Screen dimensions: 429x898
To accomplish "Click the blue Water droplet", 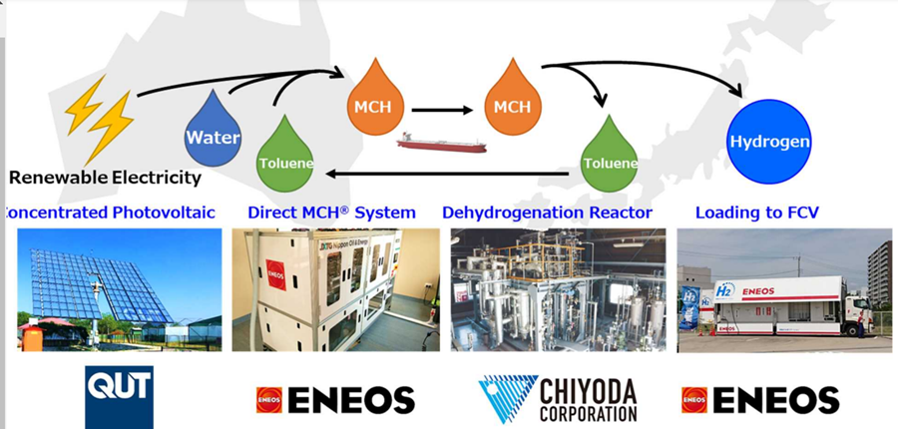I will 213,131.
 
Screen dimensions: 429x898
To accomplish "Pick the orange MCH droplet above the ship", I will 512,100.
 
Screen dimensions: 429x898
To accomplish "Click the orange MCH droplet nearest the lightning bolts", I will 371,100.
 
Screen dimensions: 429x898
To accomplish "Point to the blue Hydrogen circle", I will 769,141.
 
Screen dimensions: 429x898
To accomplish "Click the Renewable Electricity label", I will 105,179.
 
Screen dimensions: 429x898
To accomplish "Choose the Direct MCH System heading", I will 331,213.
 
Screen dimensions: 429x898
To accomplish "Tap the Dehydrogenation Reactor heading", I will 547,213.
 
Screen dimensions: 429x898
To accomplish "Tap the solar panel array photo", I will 120,289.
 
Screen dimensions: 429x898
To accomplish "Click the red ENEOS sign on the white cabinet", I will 276,275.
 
